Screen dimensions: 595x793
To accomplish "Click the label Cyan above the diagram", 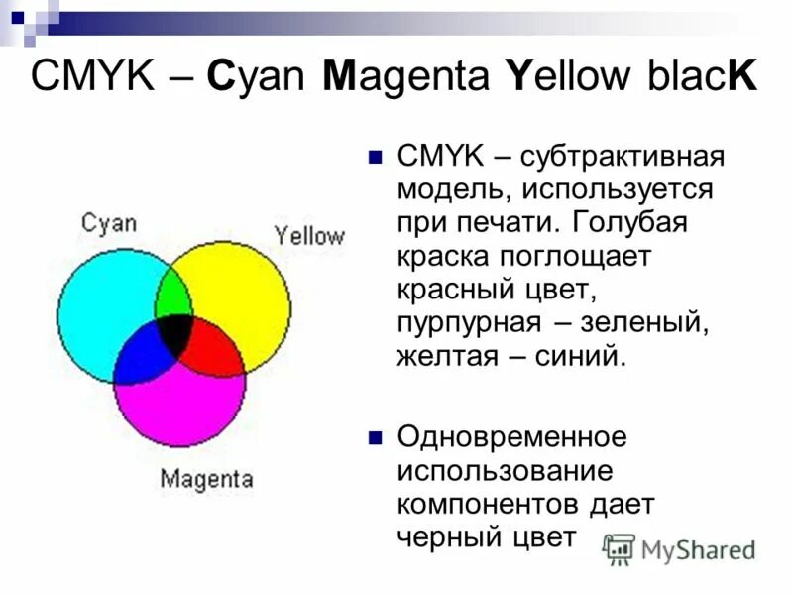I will (109, 222).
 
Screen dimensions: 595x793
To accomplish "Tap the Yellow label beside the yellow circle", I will (309, 236).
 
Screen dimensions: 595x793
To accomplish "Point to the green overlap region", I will (173, 292).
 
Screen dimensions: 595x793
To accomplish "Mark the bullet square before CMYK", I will (375, 157).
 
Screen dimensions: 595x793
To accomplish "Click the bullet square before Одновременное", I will (375, 437).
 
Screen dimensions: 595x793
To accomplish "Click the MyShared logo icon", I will (620, 548).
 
